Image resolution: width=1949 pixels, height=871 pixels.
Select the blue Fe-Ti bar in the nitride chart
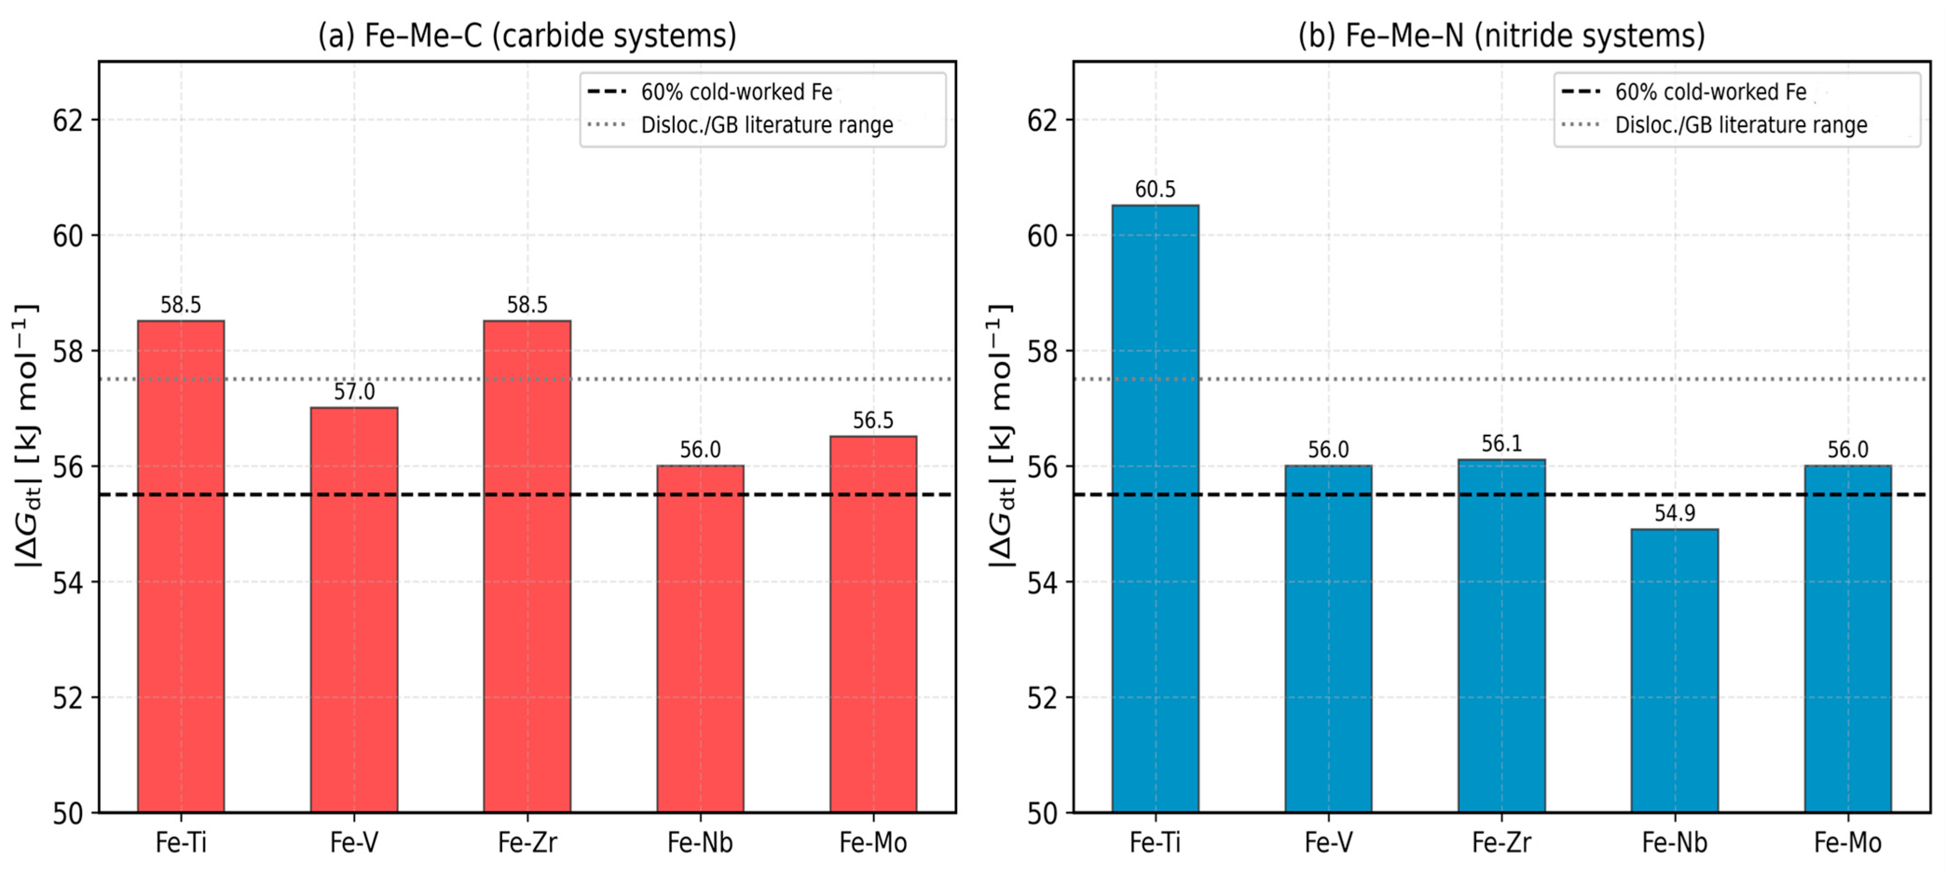(1156, 509)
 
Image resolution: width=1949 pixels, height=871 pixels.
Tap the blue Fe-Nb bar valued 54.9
(1675, 671)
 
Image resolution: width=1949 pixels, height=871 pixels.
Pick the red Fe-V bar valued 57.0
(354, 610)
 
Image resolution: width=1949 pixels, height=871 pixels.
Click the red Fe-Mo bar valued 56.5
(873, 625)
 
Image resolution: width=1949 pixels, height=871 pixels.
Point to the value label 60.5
(1156, 189)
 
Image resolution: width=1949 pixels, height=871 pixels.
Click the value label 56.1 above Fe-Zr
(1502, 443)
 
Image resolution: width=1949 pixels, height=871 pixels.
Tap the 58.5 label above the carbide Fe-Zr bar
(527, 305)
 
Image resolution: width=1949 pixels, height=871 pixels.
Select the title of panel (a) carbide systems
(527, 35)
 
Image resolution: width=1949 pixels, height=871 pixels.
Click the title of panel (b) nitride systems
(1502, 35)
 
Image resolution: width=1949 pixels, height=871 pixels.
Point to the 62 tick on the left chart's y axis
(68, 120)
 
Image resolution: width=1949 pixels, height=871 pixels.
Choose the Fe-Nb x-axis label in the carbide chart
(700, 842)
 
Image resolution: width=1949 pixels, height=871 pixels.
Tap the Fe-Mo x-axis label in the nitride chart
(1847, 842)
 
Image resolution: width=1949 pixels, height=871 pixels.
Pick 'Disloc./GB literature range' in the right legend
(1741, 125)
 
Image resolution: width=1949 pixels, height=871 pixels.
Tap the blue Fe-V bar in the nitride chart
(1328, 639)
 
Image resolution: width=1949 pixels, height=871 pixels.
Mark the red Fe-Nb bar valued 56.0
(700, 639)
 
